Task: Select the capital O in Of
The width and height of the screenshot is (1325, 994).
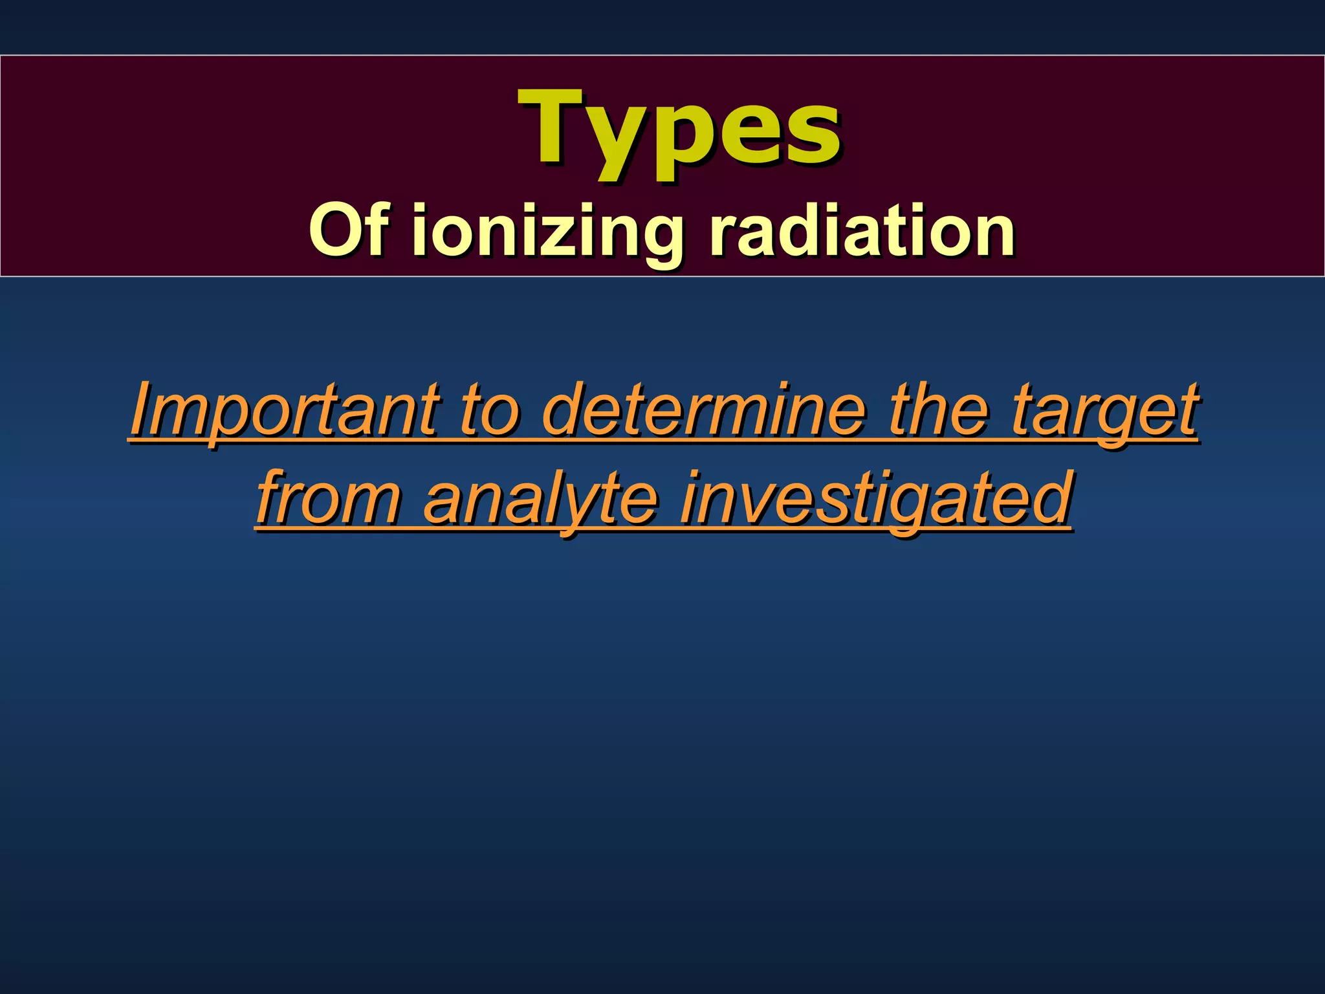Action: tap(333, 230)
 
